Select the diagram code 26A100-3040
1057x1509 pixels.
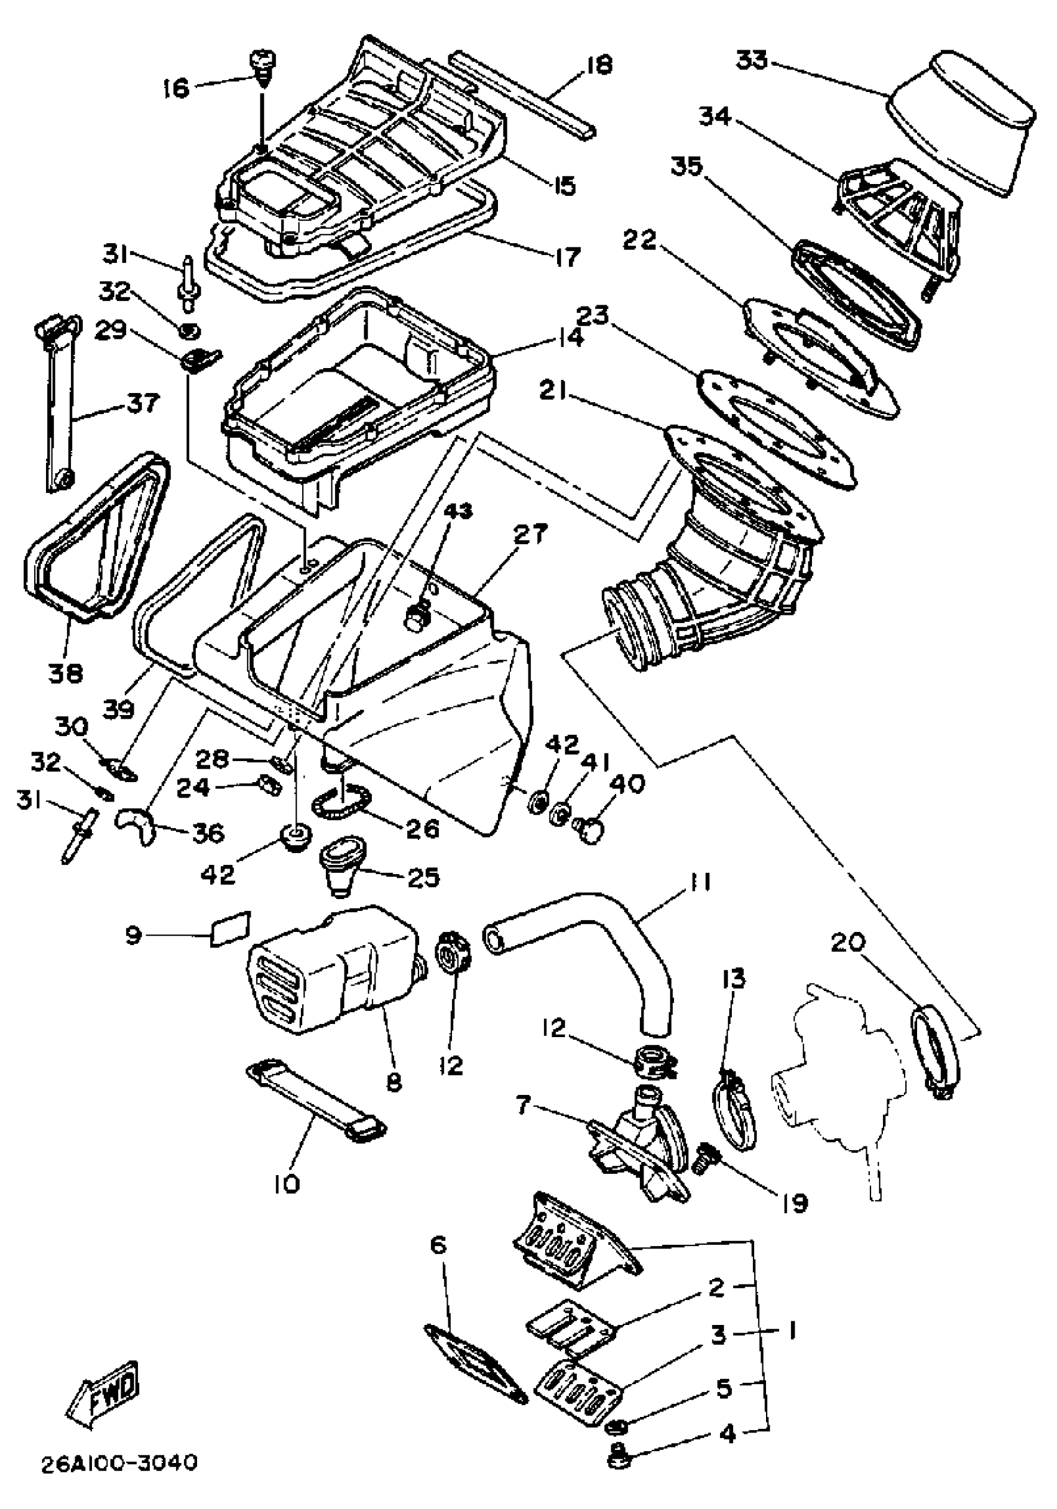tap(119, 1463)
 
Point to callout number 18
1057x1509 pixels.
tap(597, 65)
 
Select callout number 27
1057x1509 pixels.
tap(530, 534)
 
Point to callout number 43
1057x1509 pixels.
tap(459, 510)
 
